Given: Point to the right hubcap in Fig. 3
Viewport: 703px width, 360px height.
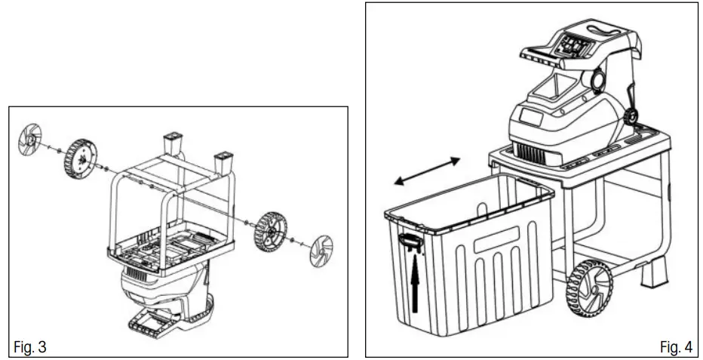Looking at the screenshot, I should pos(321,251).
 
